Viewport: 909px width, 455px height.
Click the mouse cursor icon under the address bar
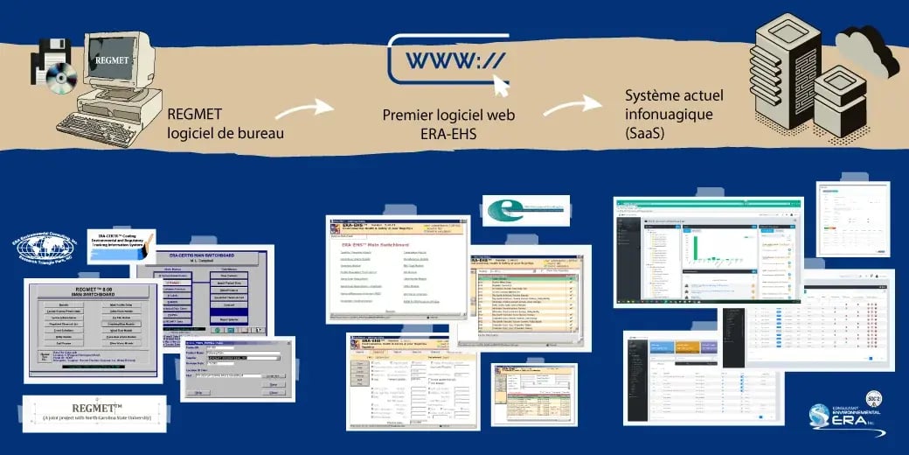click(501, 84)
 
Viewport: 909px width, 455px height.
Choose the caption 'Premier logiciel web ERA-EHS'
click(448, 123)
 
